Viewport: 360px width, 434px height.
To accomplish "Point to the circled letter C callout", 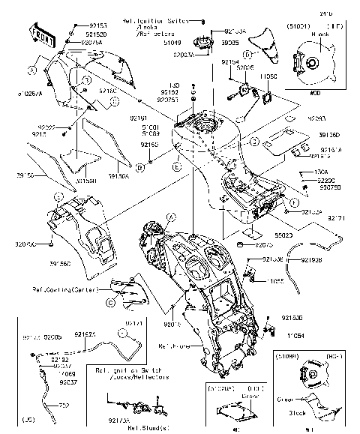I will click(110, 302).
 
